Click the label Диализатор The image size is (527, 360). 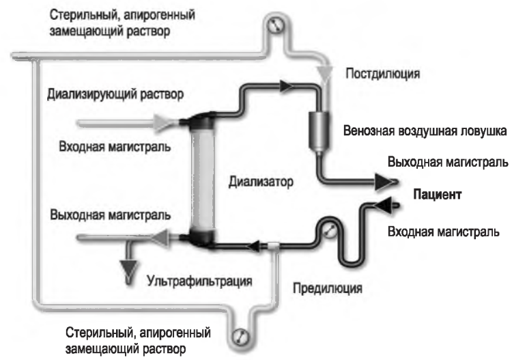tap(260, 182)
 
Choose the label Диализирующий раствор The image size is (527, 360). tap(115, 95)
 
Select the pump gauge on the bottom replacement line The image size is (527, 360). tap(240, 335)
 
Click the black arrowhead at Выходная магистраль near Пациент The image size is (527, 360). tap(385, 182)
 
